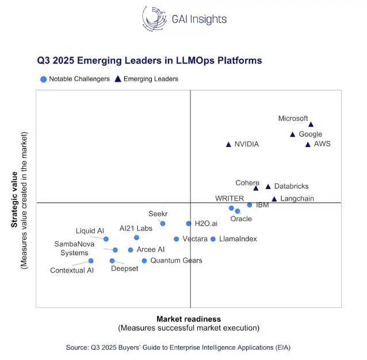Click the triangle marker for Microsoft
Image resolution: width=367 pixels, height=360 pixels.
[311, 124]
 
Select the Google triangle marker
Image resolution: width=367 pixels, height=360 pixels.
[292, 134]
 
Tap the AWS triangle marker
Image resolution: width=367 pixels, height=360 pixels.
[308, 145]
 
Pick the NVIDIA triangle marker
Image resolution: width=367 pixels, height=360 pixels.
[228, 145]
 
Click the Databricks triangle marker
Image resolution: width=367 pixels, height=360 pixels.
[267, 187]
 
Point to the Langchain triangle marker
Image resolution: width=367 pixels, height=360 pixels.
[274, 199]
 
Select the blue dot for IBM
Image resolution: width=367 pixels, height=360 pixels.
[250, 205]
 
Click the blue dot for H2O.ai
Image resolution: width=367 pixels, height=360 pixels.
[189, 223]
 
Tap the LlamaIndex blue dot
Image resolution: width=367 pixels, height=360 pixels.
[213, 239]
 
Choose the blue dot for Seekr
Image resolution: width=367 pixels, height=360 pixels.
[163, 223]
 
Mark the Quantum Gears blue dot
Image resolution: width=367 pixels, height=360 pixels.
[144, 261]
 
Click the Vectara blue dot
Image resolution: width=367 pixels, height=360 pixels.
[176, 239]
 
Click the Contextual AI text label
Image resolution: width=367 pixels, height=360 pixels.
[72, 270]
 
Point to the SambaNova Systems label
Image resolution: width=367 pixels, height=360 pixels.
[75, 248]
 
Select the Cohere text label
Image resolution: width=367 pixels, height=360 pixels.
[247, 183]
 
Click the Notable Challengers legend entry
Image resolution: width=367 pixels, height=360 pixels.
[75, 79]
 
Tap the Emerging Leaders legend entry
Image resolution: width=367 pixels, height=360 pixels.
[147, 79]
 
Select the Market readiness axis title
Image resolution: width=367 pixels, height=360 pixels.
[189, 319]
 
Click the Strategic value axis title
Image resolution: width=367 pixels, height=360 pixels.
[14, 199]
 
